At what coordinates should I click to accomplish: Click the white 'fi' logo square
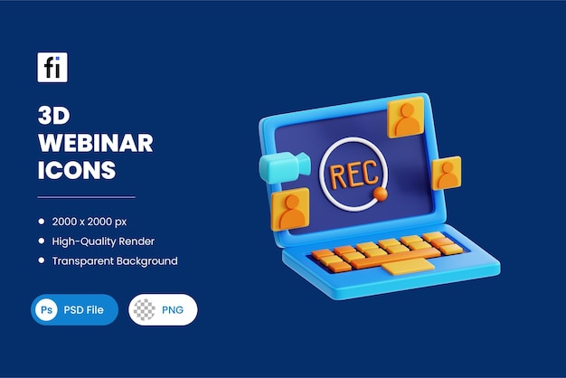pos(52,68)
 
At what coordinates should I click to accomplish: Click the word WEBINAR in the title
pos(95,143)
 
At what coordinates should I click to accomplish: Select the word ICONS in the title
pos(77,169)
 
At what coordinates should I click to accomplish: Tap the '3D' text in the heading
pos(55,117)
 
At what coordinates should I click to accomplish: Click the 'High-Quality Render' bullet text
pos(103,241)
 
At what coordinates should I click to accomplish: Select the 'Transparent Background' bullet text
pos(114,260)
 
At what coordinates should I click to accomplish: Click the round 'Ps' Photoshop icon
pos(45,309)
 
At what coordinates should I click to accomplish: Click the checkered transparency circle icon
pos(145,309)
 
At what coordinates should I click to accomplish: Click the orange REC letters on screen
pos(354,175)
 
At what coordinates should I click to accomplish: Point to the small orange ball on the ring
pos(381,194)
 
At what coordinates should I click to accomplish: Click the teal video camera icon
pos(282,167)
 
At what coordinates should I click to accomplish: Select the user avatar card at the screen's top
pos(406,118)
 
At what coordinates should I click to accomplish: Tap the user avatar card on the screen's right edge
pos(446,173)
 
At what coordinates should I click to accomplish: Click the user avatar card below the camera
pos(290,209)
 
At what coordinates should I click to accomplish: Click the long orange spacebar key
pos(390,258)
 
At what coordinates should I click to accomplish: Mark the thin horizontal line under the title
pos(86,196)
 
